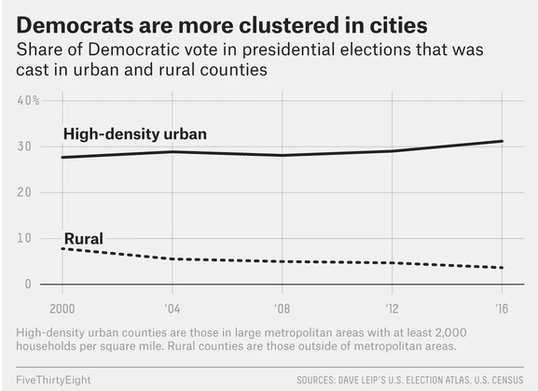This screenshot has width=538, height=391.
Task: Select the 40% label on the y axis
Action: [29, 100]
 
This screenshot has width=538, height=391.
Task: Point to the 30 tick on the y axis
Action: [25, 147]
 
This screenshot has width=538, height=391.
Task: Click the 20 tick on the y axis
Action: [25, 192]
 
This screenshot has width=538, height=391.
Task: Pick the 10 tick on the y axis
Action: [25, 238]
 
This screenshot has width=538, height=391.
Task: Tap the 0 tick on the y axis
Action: [29, 284]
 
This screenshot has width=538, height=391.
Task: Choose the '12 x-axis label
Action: [393, 309]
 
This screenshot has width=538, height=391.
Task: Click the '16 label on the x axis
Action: [503, 309]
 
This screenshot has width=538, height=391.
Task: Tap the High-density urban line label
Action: [135, 134]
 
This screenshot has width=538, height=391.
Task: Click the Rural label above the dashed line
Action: [83, 239]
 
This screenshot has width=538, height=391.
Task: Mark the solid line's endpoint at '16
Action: [503, 141]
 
